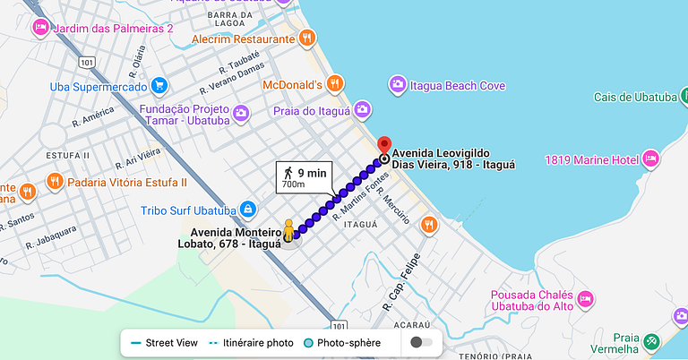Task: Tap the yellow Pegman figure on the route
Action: (288, 230)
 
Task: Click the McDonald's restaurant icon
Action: (334, 84)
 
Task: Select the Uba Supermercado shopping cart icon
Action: (159, 86)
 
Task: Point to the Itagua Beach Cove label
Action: (458, 86)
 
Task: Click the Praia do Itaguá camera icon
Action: (362, 109)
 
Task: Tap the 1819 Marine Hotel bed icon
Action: (651, 159)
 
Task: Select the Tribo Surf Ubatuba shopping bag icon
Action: (247, 210)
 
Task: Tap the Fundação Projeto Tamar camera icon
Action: (240, 114)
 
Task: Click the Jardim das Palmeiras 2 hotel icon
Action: (40, 29)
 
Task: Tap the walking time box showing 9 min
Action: (304, 176)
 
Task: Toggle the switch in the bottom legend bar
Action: (422, 342)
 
